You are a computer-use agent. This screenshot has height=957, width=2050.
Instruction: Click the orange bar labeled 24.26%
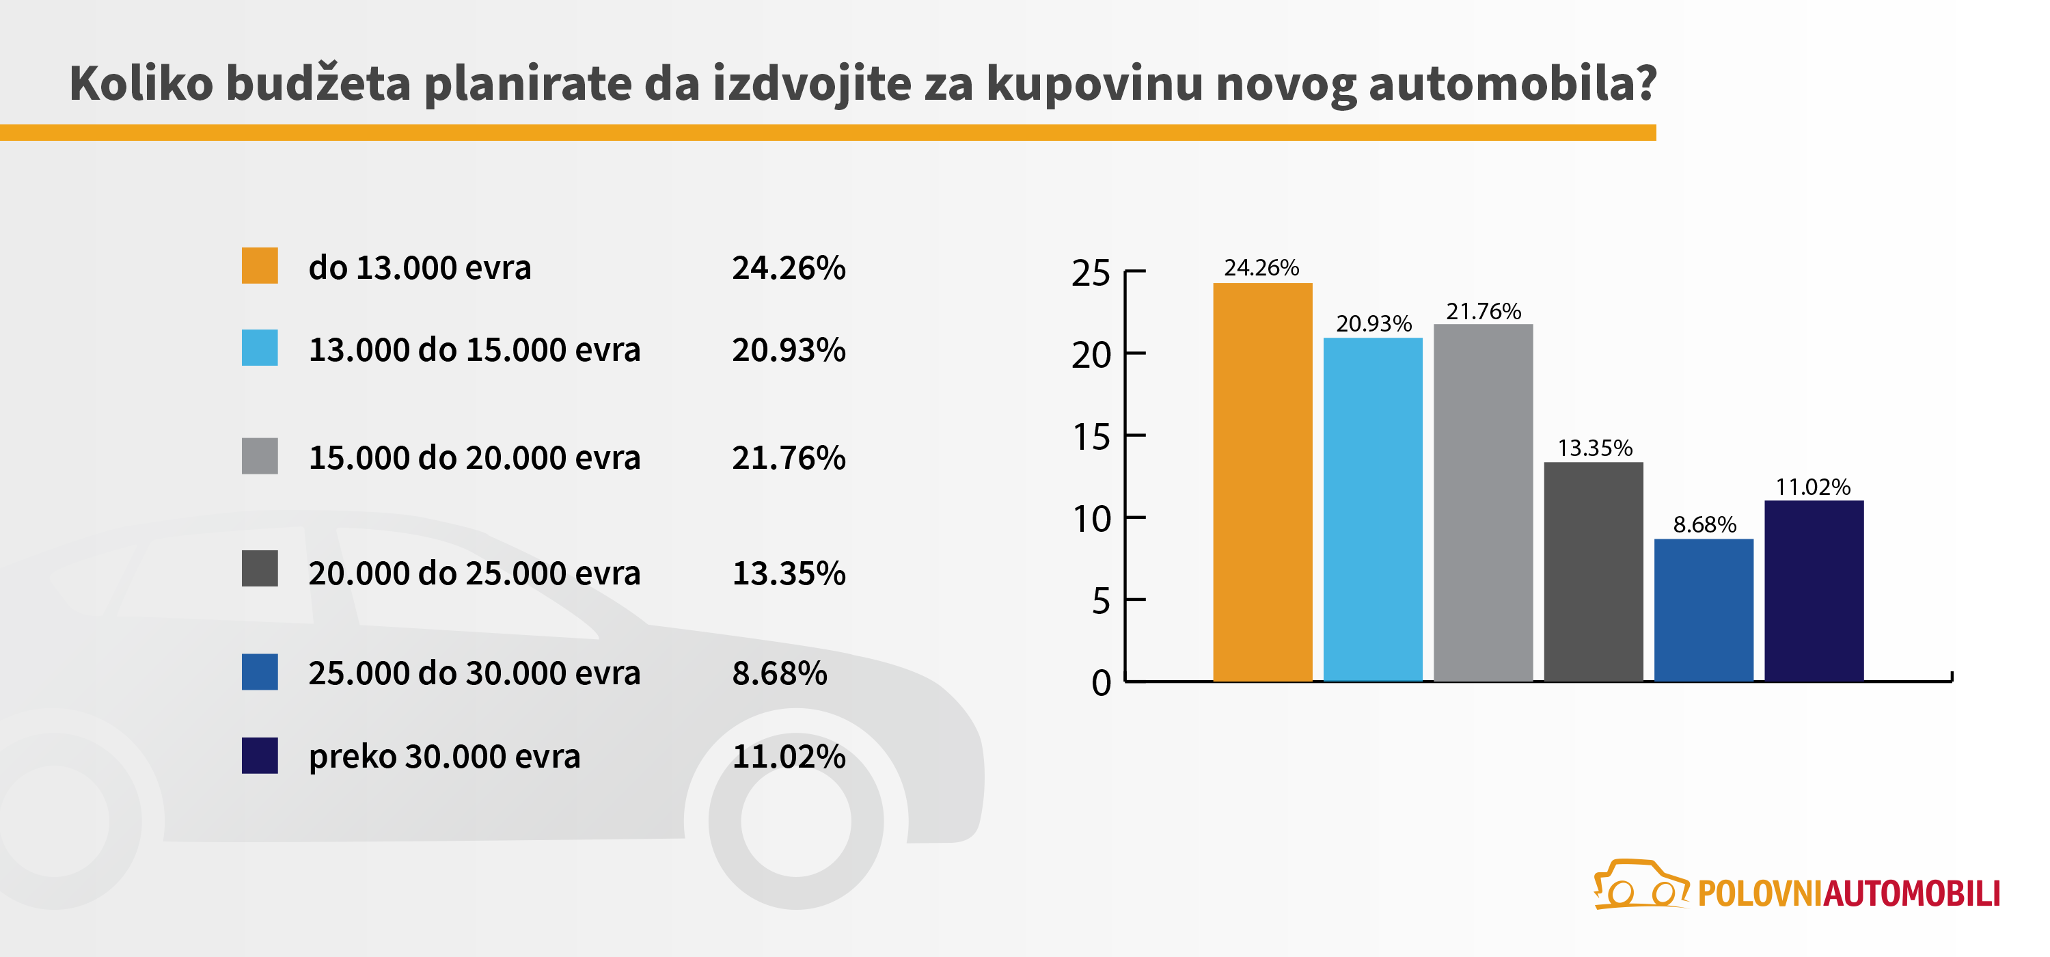click(1262, 482)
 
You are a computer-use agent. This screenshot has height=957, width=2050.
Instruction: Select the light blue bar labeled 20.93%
click(1373, 509)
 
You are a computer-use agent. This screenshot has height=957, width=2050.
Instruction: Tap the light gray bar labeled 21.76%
click(1483, 502)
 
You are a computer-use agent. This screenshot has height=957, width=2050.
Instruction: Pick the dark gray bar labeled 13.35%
click(1594, 571)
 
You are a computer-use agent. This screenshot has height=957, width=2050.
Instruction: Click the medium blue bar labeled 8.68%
click(1703, 610)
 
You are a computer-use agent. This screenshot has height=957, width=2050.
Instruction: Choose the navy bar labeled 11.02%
click(1814, 591)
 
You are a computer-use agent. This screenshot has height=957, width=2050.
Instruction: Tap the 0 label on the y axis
click(1101, 683)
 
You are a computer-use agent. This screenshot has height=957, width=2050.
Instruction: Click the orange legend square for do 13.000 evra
click(260, 266)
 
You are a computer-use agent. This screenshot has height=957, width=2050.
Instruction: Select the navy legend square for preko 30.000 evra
click(260, 755)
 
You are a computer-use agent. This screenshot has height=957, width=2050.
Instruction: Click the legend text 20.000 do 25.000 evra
click(474, 574)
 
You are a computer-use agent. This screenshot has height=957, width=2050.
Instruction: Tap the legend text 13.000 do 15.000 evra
click(474, 349)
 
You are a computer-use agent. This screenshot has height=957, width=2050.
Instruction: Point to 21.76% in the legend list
click(788, 458)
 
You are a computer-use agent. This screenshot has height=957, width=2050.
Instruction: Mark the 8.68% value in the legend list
click(779, 673)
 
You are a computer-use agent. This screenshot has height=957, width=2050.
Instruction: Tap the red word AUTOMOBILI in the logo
click(1911, 894)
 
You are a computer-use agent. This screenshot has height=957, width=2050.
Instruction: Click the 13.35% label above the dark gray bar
click(1594, 448)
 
